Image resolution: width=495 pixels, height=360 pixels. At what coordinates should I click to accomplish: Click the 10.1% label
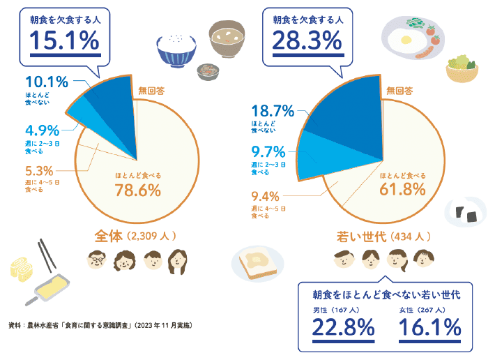pos(47,83)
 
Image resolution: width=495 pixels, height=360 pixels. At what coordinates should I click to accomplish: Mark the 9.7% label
pos(266,151)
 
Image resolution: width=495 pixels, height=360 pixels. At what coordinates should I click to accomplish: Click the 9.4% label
pos(265,196)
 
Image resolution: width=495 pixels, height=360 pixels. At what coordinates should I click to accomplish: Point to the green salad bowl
pos(462,68)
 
